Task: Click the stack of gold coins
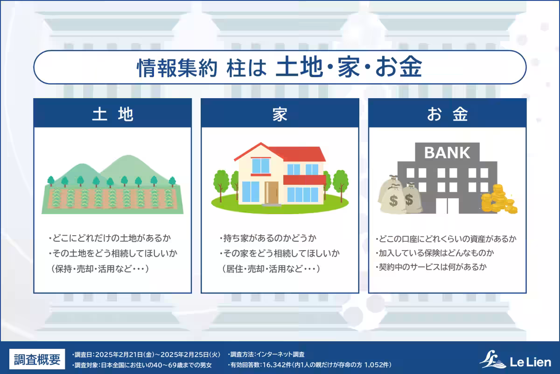point(497,200)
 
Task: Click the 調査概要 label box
point(37,360)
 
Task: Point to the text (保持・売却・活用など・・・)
point(101,269)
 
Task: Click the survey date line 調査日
point(146,355)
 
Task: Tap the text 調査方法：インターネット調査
point(267,355)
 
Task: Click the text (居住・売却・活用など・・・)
point(270,269)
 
